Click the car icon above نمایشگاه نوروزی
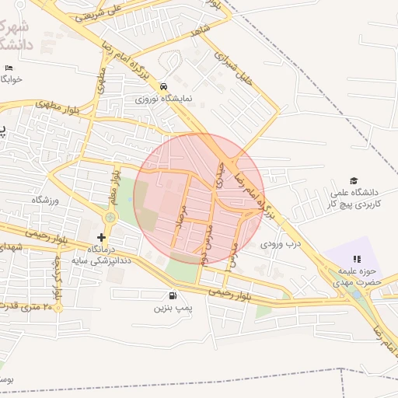(x=163, y=86)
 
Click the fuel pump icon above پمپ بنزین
(x=171, y=296)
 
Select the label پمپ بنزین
(x=171, y=309)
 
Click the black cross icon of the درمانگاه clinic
(x=101, y=236)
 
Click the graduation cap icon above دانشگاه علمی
(x=354, y=180)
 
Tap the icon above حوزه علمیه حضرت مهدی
(x=357, y=259)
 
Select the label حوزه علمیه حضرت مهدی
(x=356, y=277)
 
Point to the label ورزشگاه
(x=45, y=201)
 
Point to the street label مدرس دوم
(x=205, y=241)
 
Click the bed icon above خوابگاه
(x=9, y=68)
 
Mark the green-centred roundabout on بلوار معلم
(x=110, y=218)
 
